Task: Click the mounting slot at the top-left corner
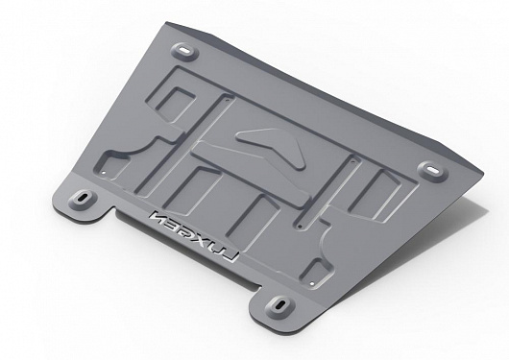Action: [x=185, y=51]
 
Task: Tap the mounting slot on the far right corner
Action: [x=432, y=170]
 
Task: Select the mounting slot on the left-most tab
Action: [x=83, y=198]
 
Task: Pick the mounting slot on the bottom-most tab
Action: [x=279, y=305]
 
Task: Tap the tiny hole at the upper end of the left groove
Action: [x=228, y=99]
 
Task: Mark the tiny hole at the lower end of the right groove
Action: [x=300, y=227]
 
